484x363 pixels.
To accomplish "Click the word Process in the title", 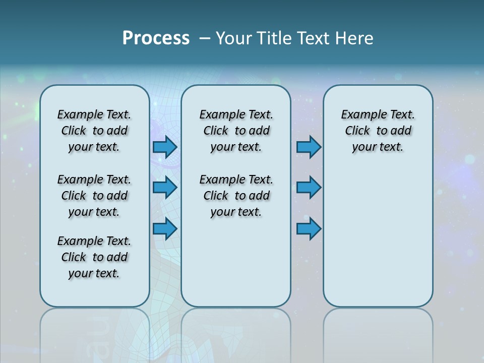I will [156, 38].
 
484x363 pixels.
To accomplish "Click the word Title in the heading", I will [274, 38].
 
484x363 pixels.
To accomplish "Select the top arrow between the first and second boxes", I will [164, 147].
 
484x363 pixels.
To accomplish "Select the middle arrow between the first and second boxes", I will [164, 188].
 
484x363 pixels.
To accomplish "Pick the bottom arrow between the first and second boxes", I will [164, 228].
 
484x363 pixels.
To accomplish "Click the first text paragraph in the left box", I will [94, 131].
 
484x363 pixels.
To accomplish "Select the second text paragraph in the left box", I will [94, 196].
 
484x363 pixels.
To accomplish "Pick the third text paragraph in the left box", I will [94, 257].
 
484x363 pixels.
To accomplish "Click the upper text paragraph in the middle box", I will [236, 131].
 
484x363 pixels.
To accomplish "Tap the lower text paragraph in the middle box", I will [236, 196].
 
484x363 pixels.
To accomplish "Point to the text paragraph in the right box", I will [378, 131].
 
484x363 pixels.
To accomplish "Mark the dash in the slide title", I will [204, 38].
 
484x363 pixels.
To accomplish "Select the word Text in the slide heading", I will [315, 38].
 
